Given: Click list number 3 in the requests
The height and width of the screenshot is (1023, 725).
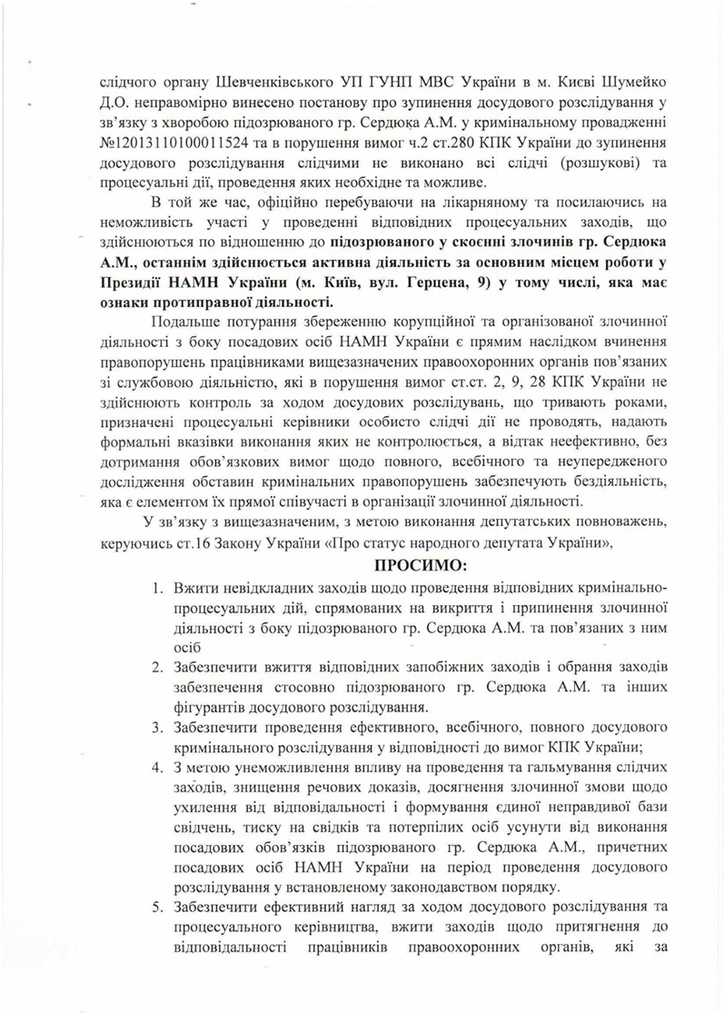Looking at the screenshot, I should [x=157, y=729].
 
